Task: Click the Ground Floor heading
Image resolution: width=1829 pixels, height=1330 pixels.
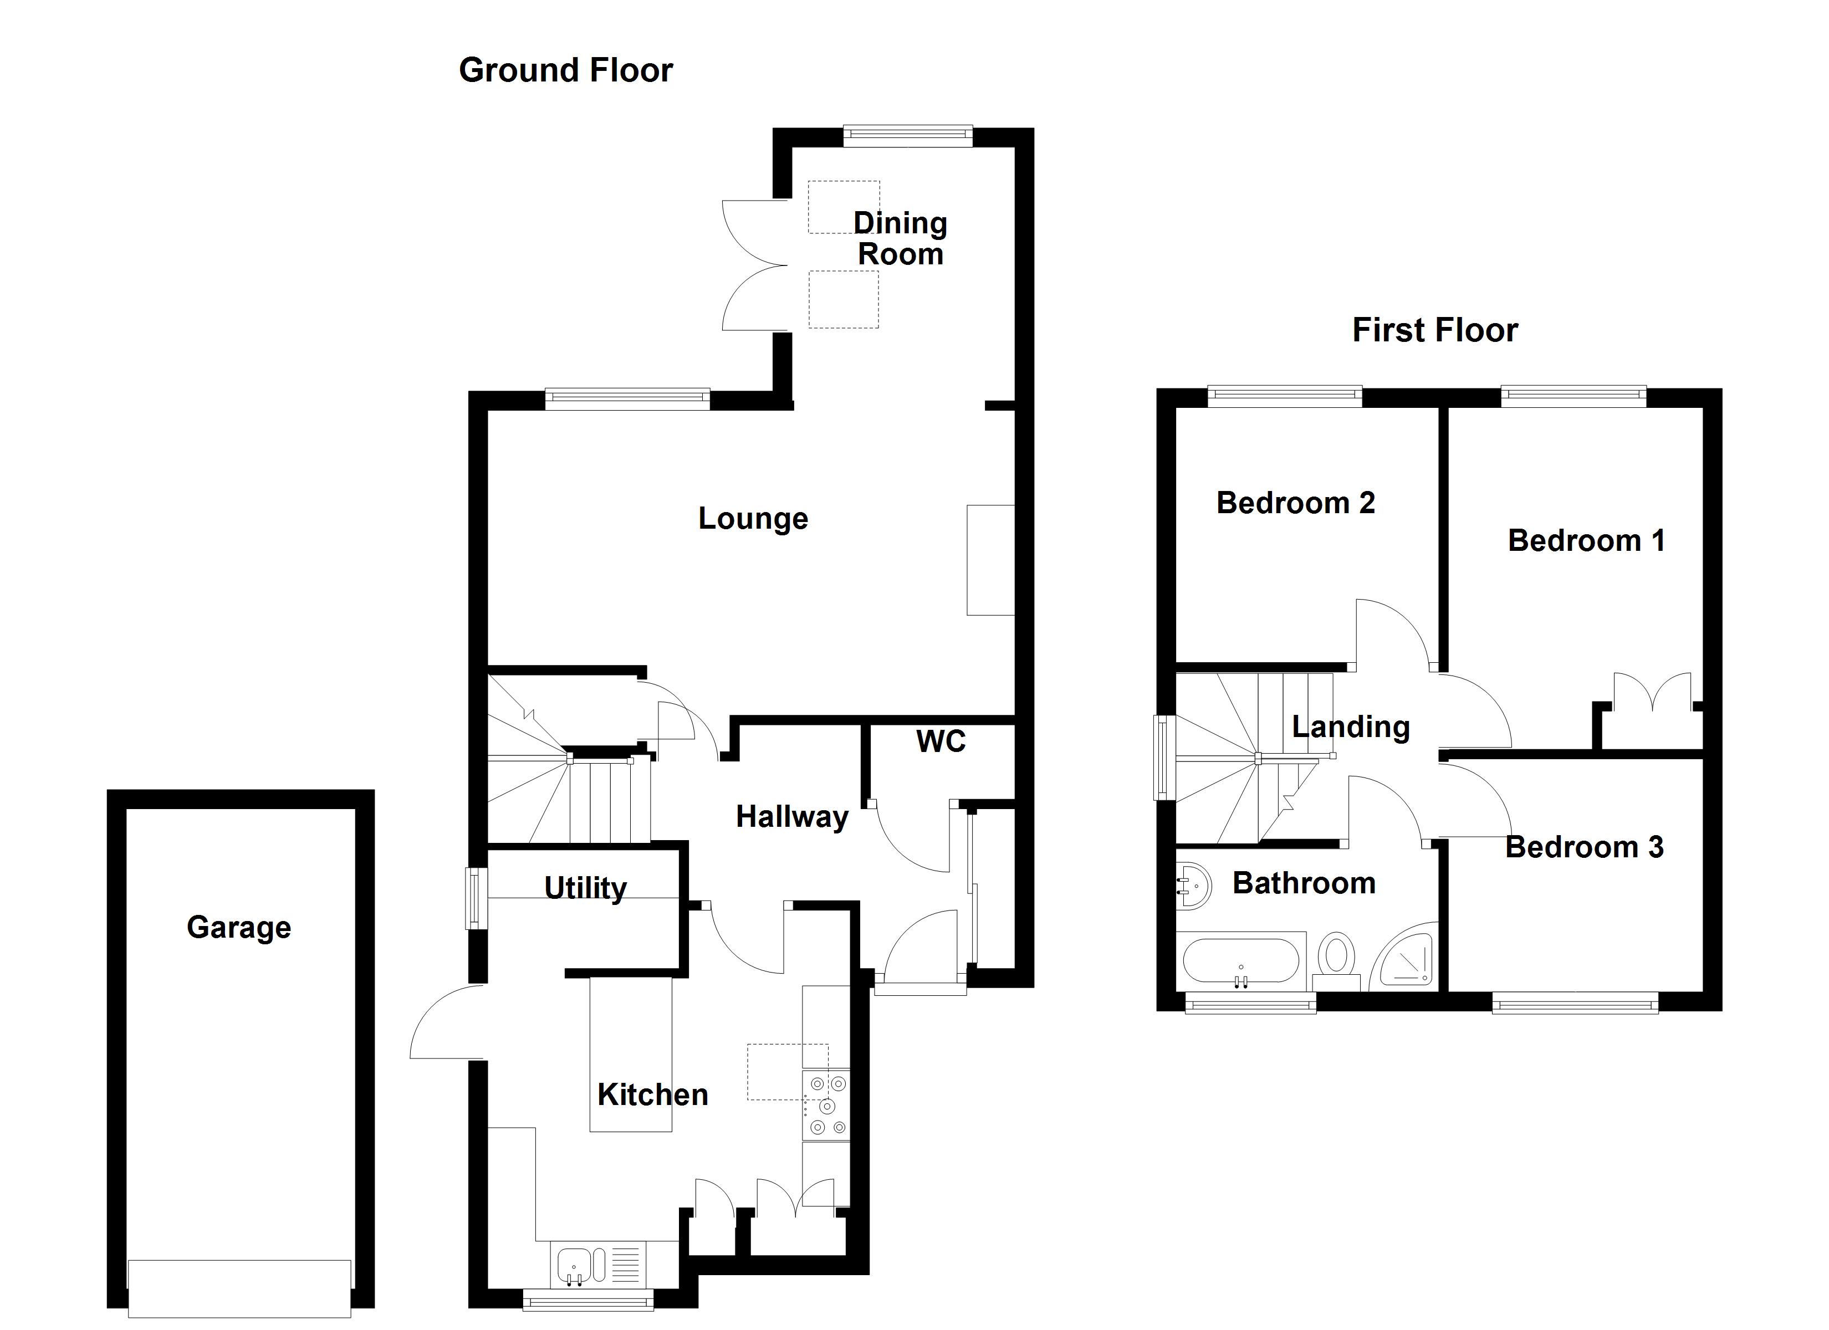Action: [565, 71]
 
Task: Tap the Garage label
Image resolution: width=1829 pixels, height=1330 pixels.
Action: [239, 928]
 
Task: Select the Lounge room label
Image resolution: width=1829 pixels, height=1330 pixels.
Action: [753, 519]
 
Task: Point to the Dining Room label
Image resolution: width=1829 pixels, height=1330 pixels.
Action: [900, 239]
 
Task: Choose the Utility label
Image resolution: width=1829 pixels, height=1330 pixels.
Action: [585, 888]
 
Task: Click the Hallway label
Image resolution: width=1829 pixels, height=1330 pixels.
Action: [792, 817]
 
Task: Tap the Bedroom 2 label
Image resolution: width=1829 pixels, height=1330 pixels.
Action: [1295, 503]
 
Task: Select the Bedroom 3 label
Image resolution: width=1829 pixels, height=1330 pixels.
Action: [1584, 847]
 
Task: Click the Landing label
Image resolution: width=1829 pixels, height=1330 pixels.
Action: [1351, 727]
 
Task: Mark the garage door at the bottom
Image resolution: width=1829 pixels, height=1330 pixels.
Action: [239, 1288]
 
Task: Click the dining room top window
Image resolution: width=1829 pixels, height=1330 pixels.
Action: [908, 136]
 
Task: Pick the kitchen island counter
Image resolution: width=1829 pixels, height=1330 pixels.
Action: [631, 1054]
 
